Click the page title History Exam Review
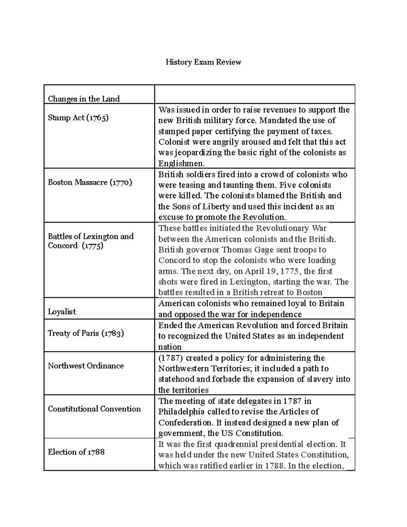point(203,62)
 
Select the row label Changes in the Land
point(84,99)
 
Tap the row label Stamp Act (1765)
point(78,118)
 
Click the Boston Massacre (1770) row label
point(90,182)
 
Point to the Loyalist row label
point(62,312)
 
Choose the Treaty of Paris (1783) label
point(86,333)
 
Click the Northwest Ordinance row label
point(86,366)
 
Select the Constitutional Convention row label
point(94,409)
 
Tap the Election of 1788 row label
point(76,452)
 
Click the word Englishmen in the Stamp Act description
point(181,163)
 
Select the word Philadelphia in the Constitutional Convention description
point(181,412)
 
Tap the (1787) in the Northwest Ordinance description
point(171,358)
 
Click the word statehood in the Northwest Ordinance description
point(176,379)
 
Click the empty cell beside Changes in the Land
point(254,94)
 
